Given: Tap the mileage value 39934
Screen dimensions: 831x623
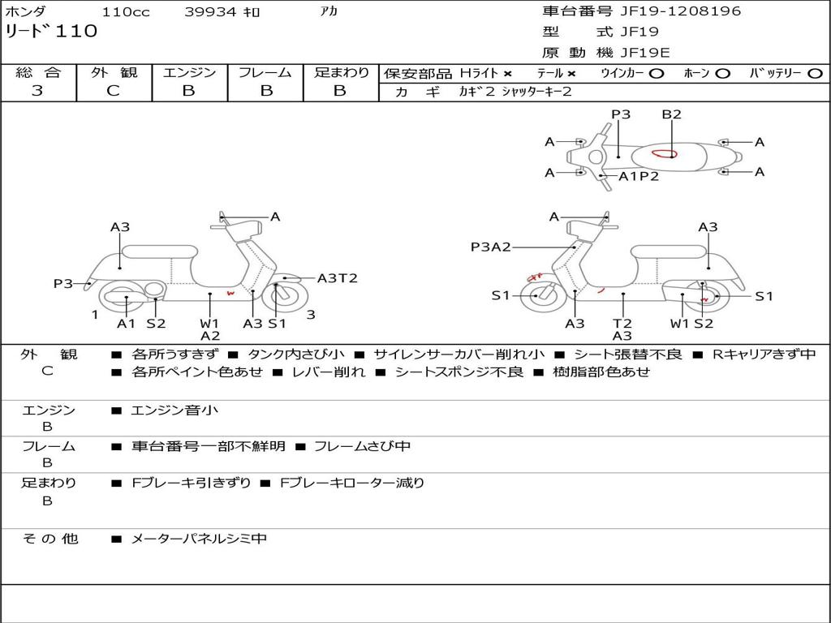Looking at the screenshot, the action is point(210,12).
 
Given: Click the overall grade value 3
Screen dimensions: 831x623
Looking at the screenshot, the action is point(37,91).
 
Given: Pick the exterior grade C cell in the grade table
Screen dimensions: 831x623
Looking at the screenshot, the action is point(113,91).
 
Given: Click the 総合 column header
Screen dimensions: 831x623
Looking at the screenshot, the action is point(38,72).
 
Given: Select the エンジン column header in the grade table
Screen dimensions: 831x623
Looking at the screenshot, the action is point(189,72).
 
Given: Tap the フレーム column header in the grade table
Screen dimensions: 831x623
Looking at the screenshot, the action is point(265,72).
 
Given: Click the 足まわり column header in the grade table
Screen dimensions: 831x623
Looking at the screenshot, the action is point(342,72).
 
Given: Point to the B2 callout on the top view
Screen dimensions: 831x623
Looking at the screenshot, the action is point(671,114).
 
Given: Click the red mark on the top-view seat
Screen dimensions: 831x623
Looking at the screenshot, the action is point(664,153).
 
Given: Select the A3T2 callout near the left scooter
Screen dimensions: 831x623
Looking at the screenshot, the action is point(337,278).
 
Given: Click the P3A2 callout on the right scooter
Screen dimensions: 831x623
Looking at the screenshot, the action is point(491,247).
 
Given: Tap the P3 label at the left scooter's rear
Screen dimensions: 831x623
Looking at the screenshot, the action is point(63,283).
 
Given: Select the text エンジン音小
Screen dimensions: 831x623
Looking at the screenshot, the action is point(174,410).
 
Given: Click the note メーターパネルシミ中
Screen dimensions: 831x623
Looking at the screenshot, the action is point(199,538).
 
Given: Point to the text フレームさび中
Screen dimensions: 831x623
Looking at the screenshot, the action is point(362,446).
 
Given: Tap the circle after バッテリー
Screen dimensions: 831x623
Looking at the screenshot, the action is point(816,73).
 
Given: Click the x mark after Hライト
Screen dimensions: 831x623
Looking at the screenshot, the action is point(507,73).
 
